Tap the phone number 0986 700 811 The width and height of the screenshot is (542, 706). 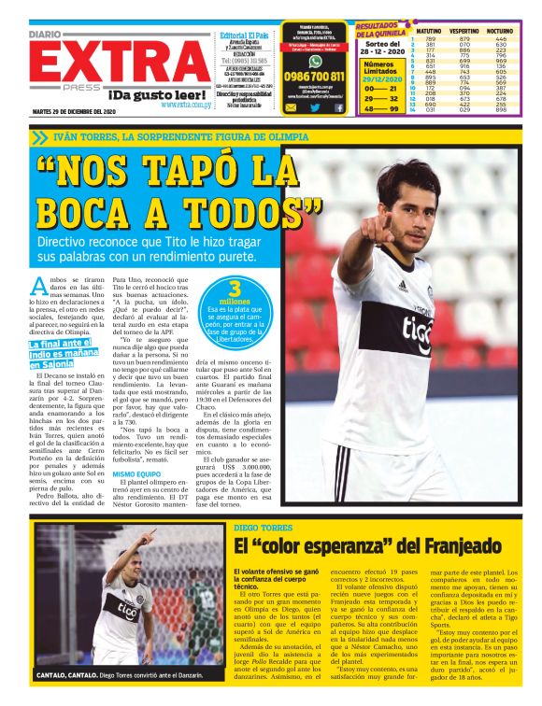tap(314, 77)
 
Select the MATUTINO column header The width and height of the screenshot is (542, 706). tap(429, 31)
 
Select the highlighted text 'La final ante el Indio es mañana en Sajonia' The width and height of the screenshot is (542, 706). tap(66, 356)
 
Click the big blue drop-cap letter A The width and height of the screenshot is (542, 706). tap(38, 286)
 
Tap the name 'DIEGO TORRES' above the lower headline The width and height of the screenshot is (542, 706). tap(257, 528)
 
